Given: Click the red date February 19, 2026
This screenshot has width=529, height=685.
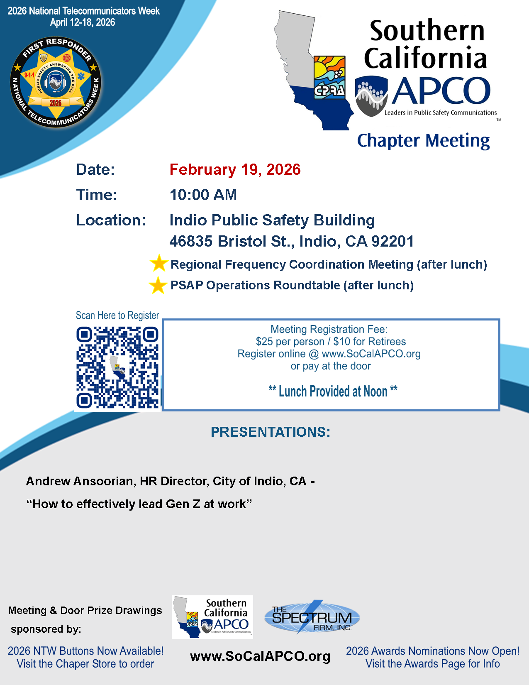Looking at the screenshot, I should pyautogui.click(x=235, y=170).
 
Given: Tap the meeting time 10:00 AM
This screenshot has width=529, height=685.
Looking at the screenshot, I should pyautogui.click(x=203, y=195).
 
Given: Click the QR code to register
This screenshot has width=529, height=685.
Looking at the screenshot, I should pyautogui.click(x=117, y=367).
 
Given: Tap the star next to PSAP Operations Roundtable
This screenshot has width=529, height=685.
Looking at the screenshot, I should pyautogui.click(x=158, y=285).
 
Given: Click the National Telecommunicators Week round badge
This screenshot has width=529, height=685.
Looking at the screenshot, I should pyautogui.click(x=56, y=82).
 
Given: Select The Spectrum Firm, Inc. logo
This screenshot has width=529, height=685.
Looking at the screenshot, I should pyautogui.click(x=312, y=617).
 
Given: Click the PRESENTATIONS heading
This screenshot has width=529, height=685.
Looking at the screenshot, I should pyautogui.click(x=271, y=432).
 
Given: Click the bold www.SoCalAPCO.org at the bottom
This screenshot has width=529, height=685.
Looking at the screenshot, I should pyautogui.click(x=260, y=656).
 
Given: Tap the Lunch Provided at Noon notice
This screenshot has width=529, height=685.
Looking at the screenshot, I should pyautogui.click(x=333, y=391).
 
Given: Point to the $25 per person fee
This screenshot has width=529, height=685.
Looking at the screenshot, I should pyautogui.click(x=290, y=342).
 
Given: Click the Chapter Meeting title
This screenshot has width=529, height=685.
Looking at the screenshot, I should pyautogui.click(x=423, y=141).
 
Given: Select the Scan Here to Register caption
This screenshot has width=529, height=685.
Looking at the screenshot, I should pyautogui.click(x=117, y=316).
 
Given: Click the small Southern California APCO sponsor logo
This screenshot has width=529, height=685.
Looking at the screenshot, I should pyautogui.click(x=212, y=617).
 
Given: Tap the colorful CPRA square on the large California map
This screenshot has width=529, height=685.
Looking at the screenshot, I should pyautogui.click(x=329, y=77).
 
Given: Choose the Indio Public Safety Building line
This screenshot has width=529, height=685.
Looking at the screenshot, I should pyautogui.click(x=272, y=220).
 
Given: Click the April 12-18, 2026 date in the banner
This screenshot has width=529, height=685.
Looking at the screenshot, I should pyautogui.click(x=83, y=22).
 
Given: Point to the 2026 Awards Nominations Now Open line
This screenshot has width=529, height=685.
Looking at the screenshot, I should pyautogui.click(x=433, y=651).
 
